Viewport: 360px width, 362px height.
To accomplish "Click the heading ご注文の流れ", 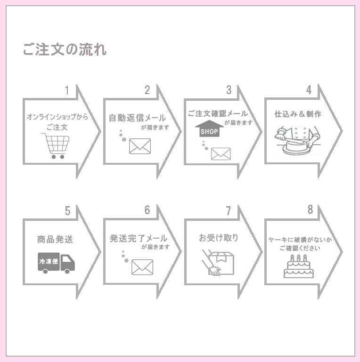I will click(x=65, y=49).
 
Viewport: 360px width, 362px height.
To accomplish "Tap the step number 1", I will click(x=67, y=90).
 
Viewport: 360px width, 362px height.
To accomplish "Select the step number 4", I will click(x=309, y=90).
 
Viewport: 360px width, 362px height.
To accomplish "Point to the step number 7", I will click(x=228, y=211).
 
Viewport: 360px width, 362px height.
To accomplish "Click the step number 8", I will click(x=310, y=210).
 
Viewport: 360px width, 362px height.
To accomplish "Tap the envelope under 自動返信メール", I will click(x=139, y=146).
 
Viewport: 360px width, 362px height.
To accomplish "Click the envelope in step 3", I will click(x=221, y=153).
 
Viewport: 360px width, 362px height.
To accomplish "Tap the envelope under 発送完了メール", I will click(x=142, y=267).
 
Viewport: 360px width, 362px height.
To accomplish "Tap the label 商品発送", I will click(x=55, y=239).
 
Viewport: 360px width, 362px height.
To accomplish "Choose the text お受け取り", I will click(x=219, y=238).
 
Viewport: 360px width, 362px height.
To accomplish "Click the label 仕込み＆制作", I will click(x=298, y=114).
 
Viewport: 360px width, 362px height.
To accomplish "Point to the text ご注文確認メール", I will click(x=218, y=114).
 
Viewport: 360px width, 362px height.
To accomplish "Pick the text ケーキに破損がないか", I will click(x=300, y=240).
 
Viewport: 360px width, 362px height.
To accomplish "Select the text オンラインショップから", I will click(x=57, y=117).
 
